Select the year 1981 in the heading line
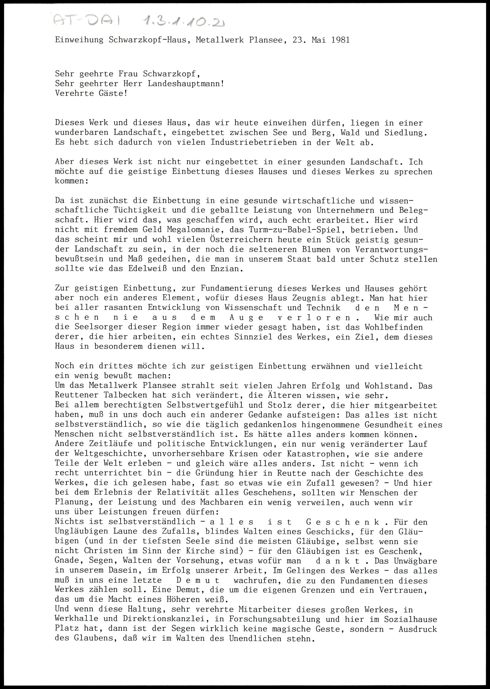(x=340, y=40)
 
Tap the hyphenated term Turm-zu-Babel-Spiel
(x=290, y=230)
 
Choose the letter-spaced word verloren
(x=315, y=317)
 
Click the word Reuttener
(x=77, y=395)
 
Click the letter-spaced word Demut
(x=198, y=581)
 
